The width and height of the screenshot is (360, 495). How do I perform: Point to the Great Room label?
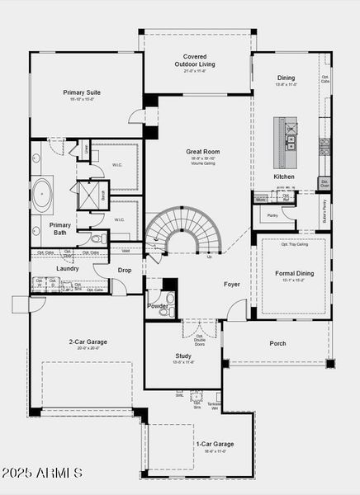click(202, 152)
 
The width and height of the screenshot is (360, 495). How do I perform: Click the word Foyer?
click(232, 285)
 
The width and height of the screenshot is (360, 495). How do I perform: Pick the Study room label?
click(182, 356)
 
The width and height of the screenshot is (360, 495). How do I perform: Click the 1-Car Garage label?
click(214, 444)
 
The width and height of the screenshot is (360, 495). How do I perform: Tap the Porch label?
click(278, 343)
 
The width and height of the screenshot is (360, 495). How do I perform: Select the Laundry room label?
click(68, 268)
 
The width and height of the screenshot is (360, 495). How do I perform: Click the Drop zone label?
click(125, 270)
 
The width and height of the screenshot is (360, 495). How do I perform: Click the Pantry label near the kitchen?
click(272, 215)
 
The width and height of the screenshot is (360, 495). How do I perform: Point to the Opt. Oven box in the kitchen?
click(324, 182)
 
